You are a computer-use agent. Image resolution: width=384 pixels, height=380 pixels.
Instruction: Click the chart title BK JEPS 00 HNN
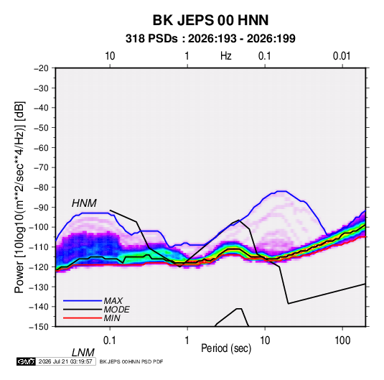tap(210, 20)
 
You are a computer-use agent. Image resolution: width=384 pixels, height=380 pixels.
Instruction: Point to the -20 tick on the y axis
tap(41, 68)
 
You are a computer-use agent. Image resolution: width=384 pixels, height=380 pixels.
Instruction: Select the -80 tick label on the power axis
tap(41, 187)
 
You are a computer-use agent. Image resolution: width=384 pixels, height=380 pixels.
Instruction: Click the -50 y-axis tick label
tap(41, 127)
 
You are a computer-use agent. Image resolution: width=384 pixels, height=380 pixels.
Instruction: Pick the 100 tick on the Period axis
tap(342, 340)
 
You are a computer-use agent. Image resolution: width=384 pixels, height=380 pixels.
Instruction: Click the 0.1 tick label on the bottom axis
tap(109, 340)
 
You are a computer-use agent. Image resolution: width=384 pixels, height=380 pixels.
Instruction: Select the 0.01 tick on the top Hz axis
tap(342, 56)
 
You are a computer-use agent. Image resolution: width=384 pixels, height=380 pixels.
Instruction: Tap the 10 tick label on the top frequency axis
tap(110, 56)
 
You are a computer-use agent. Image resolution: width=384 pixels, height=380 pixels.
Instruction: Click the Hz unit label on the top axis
tap(226, 56)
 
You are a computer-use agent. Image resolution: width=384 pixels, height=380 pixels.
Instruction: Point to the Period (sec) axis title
tap(226, 348)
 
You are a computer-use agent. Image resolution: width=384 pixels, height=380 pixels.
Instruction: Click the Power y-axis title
tap(19, 198)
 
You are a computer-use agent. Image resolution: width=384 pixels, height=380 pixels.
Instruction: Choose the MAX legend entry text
tap(113, 301)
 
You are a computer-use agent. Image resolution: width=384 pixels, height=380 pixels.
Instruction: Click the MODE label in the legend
tap(116, 310)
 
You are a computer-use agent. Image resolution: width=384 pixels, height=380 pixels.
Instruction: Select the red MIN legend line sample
tap(83, 318)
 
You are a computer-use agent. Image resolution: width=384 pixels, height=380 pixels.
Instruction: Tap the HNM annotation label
tap(84, 203)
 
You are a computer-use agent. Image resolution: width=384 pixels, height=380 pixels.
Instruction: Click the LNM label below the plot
tap(83, 353)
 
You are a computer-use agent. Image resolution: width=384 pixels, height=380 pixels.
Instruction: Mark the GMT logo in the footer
tap(27, 361)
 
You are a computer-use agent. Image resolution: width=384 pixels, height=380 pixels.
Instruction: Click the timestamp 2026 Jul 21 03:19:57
tap(65, 361)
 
